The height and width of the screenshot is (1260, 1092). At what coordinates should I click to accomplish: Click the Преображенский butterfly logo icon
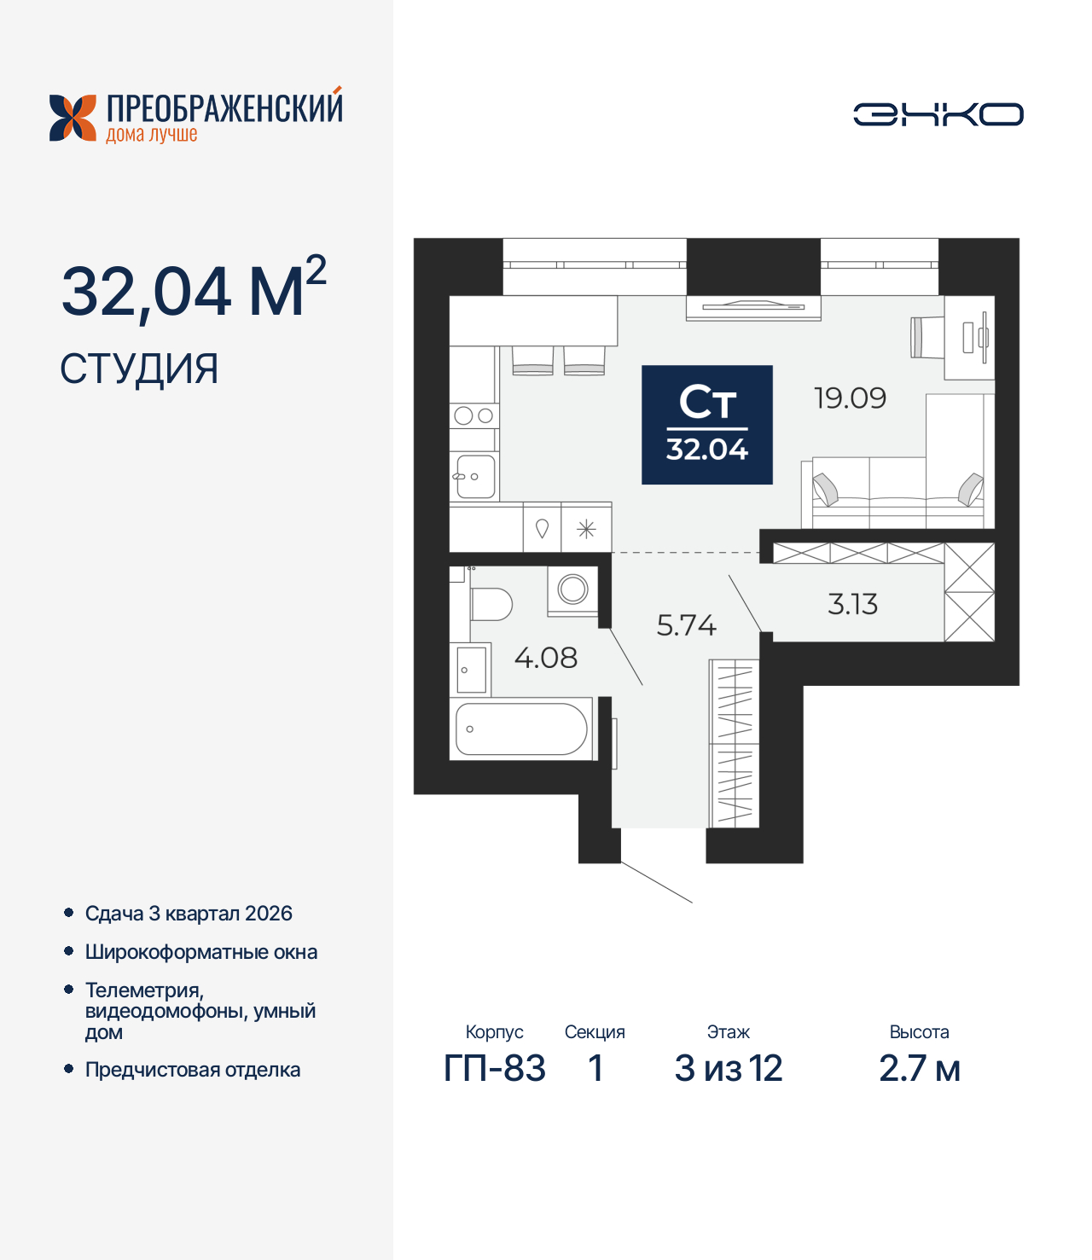73,118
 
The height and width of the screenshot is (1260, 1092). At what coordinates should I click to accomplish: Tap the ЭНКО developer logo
938,114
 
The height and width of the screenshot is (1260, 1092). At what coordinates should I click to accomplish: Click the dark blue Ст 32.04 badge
706,425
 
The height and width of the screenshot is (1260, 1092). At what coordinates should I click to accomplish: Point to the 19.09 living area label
850,398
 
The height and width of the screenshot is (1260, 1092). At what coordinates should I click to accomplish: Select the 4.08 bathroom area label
545,658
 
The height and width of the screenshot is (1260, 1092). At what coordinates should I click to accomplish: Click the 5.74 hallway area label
686,625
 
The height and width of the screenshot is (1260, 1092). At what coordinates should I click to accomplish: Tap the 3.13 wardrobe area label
852,604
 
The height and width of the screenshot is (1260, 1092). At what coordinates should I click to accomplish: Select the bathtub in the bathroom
521,729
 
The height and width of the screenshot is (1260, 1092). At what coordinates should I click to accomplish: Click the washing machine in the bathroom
572,589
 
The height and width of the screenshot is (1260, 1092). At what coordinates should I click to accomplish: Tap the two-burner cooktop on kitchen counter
473,415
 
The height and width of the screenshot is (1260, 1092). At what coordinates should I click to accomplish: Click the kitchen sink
474,477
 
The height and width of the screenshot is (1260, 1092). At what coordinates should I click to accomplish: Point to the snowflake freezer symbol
586,530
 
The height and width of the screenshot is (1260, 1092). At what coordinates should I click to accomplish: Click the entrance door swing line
656,882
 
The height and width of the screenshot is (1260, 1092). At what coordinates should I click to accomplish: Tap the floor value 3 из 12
728,1068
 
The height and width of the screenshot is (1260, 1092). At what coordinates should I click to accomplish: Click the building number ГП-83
494,1068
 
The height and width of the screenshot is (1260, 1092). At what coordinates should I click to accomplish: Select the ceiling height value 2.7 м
919,1068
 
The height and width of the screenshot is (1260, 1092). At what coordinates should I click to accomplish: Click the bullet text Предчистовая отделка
193,1070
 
